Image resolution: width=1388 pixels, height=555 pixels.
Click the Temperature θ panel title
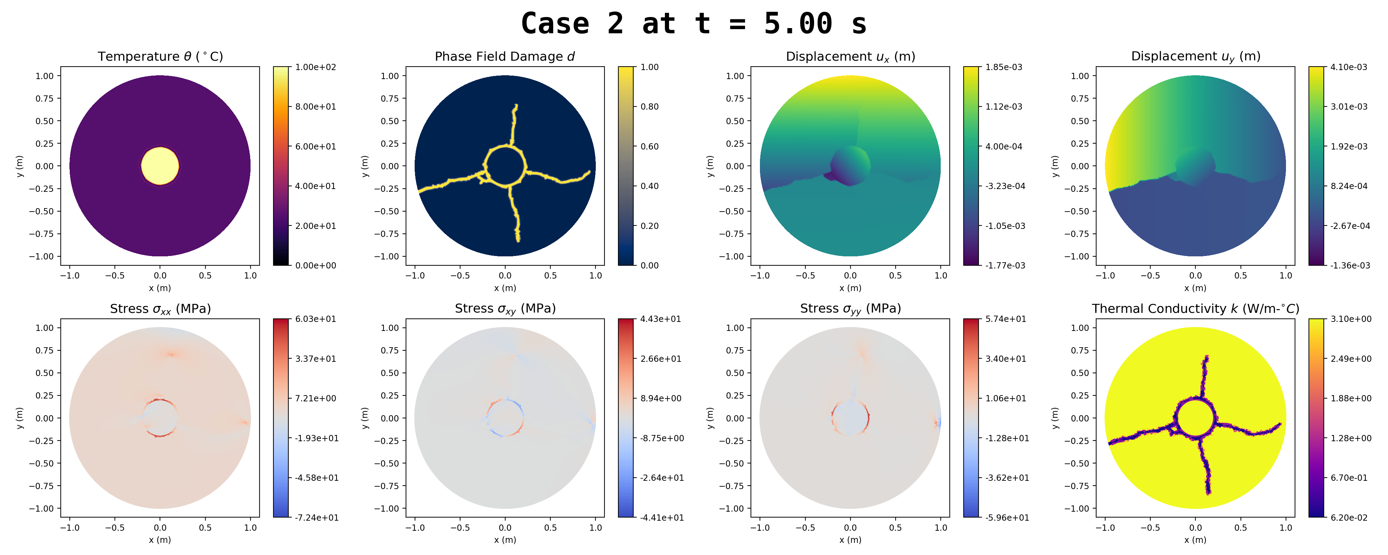tap(160, 57)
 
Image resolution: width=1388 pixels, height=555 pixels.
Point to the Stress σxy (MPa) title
tap(505, 309)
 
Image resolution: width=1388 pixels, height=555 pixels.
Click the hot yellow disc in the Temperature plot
tap(160, 166)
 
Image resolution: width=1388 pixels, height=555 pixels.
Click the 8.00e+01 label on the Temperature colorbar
tap(315, 107)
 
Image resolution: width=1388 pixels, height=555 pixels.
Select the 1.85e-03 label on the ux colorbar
tap(1003, 67)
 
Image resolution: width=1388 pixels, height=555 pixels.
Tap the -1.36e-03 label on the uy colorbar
tap(1350, 265)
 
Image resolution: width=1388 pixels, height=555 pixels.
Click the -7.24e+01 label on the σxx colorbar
tap(317, 517)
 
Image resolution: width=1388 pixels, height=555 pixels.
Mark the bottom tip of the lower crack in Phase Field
tap(518, 240)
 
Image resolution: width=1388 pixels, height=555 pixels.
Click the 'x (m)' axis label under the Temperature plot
tap(160, 288)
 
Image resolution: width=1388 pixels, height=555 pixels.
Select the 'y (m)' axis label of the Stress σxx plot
tap(20, 418)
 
